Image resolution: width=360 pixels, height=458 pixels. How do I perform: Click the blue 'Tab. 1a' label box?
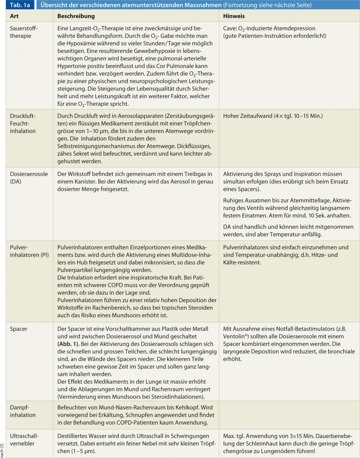click(x=20, y=5)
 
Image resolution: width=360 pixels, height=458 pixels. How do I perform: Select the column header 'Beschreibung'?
click(x=76, y=16)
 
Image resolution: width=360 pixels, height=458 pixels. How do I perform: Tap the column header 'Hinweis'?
click(x=234, y=16)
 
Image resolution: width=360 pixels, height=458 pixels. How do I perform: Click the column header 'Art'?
click(x=14, y=16)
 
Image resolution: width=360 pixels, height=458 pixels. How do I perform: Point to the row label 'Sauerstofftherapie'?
click(x=24, y=32)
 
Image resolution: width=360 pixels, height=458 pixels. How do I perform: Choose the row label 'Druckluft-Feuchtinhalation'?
click(x=23, y=124)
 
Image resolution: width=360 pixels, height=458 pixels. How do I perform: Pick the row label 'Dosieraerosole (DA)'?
click(x=29, y=178)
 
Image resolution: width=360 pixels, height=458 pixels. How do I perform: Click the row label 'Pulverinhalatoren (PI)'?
click(x=29, y=251)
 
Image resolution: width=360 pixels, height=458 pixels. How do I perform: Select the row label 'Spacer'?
click(x=19, y=329)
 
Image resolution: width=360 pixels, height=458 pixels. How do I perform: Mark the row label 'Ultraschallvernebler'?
click(x=24, y=440)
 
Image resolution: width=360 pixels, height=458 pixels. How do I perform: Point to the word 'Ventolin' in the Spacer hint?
click(x=234, y=336)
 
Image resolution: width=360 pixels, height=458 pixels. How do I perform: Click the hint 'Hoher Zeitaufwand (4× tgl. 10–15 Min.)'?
click(x=273, y=116)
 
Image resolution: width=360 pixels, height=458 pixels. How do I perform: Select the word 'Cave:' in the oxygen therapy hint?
click(x=230, y=29)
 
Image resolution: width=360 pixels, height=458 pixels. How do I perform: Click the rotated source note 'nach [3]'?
click(x=2, y=450)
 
